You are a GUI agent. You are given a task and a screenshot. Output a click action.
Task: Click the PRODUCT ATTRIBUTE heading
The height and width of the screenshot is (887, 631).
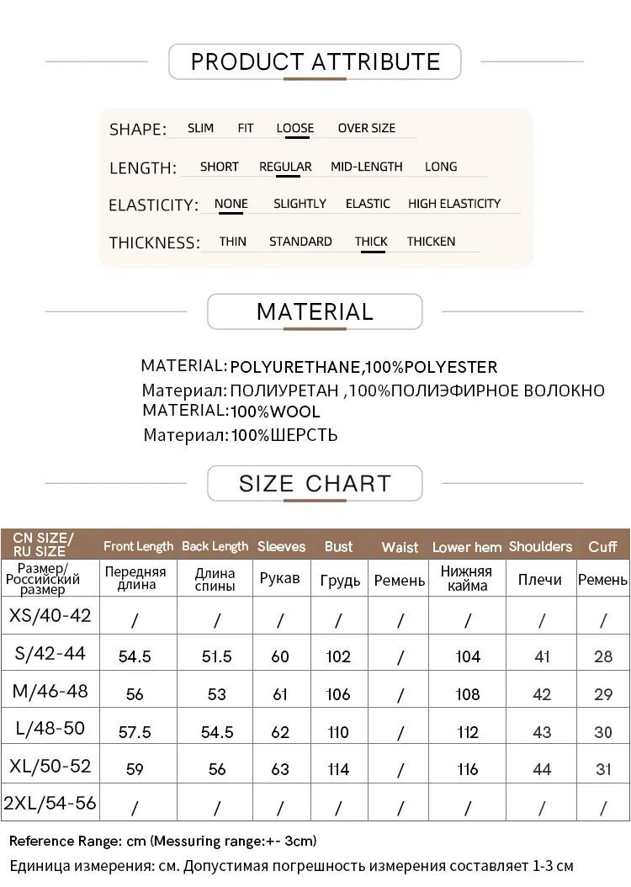pyautogui.click(x=315, y=61)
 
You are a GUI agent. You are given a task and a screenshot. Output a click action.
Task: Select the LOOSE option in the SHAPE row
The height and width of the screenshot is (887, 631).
pyautogui.click(x=294, y=128)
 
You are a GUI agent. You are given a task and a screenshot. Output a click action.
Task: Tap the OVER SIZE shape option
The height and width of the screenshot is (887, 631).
pyautogui.click(x=366, y=128)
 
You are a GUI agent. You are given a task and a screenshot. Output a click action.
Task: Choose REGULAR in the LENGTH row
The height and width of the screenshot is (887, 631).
pyautogui.click(x=285, y=167)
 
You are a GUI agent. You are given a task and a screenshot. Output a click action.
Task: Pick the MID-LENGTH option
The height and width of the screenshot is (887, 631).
pyautogui.click(x=366, y=167)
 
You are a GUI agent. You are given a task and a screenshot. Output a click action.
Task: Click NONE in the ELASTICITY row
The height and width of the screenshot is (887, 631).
pyautogui.click(x=231, y=204)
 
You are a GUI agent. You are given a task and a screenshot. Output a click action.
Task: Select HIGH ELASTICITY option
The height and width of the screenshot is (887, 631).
pyautogui.click(x=453, y=204)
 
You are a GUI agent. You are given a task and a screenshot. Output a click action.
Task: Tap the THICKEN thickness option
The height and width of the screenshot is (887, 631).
pyautogui.click(x=431, y=242)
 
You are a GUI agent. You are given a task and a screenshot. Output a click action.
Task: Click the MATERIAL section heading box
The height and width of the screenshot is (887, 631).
pyautogui.click(x=315, y=311)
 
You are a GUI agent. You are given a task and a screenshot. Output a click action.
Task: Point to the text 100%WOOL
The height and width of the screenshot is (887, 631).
pyautogui.click(x=275, y=412)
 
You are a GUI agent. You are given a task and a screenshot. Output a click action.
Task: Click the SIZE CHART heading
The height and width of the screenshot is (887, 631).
pyautogui.click(x=315, y=483)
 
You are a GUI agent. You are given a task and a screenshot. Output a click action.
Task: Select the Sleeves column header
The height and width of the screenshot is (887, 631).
pyautogui.click(x=281, y=547)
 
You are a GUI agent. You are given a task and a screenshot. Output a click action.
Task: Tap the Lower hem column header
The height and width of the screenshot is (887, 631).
pyautogui.click(x=467, y=547)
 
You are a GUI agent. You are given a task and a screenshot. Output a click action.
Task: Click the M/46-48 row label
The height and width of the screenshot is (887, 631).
pyautogui.click(x=50, y=692)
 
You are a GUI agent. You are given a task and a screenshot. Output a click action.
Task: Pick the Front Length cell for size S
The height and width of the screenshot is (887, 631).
pyautogui.click(x=135, y=656)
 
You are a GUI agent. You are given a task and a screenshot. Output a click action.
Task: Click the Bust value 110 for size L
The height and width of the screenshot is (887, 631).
pyautogui.click(x=338, y=732)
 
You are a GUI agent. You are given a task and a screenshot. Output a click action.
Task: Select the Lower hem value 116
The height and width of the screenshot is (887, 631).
pyautogui.click(x=467, y=769)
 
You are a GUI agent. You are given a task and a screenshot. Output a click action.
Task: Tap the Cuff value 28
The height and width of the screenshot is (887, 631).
pyautogui.click(x=603, y=656)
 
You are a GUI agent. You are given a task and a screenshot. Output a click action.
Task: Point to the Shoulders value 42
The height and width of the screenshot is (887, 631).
pyautogui.click(x=542, y=694)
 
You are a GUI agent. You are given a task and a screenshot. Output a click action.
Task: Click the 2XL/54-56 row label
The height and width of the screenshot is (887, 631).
pyautogui.click(x=50, y=803)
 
